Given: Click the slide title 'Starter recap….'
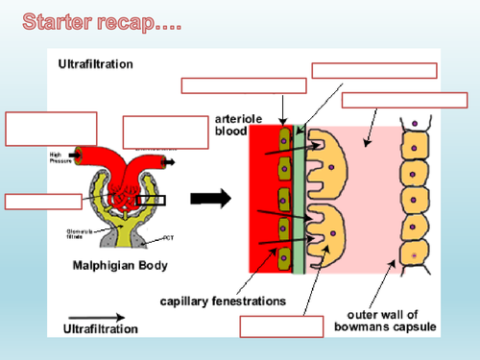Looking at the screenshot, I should (x=102, y=21).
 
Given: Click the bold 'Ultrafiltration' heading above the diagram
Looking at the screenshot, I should (x=96, y=64).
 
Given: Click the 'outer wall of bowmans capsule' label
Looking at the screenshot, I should (x=391, y=321).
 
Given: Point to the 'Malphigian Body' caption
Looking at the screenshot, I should (x=121, y=266).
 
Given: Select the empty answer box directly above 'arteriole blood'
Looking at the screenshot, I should (x=244, y=85).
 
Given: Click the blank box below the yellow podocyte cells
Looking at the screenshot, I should (x=280, y=326).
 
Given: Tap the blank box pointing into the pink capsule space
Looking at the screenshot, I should (x=404, y=100).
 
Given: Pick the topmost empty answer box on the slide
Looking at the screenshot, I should (x=374, y=70).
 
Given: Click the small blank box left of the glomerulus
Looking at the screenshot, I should (x=43, y=201).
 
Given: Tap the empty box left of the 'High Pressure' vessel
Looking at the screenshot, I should (x=50, y=129).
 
